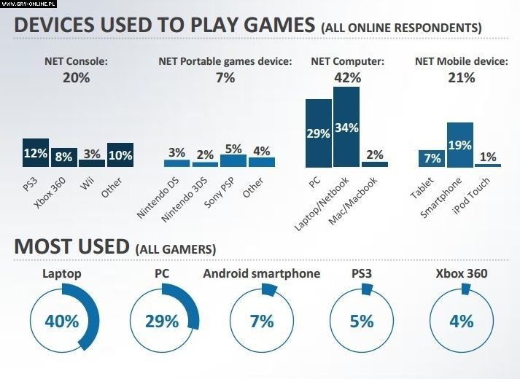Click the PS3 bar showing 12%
(x=36, y=153)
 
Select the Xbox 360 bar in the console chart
(x=64, y=157)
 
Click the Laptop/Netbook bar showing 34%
(x=346, y=128)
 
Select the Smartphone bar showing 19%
(x=460, y=145)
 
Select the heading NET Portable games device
(x=225, y=61)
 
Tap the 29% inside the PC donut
(x=163, y=321)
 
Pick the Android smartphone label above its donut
(x=261, y=274)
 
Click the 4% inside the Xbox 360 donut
(x=461, y=321)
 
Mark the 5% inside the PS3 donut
(x=361, y=321)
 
